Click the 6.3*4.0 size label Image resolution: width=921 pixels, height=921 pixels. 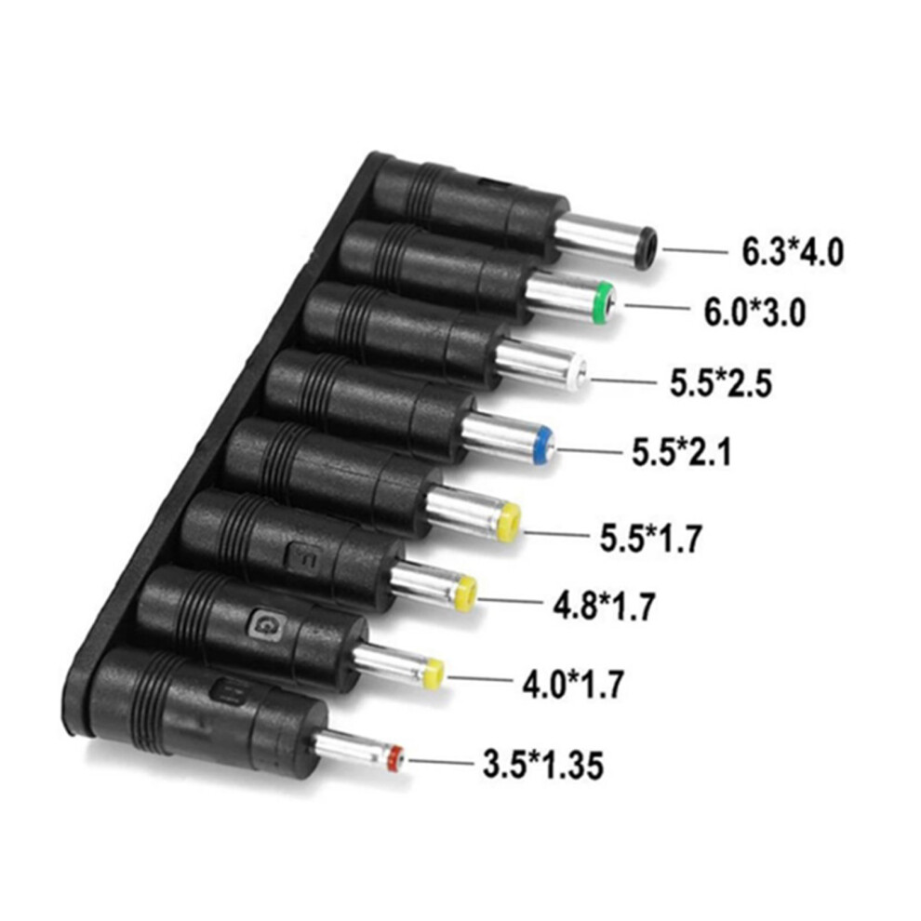[x=793, y=252]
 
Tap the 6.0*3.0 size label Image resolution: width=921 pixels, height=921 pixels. [x=754, y=312]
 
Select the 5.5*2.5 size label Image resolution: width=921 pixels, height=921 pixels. [x=721, y=383]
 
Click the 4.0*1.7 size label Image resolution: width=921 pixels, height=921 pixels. [x=573, y=684]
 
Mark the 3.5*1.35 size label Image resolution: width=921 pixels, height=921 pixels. [x=542, y=764]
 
